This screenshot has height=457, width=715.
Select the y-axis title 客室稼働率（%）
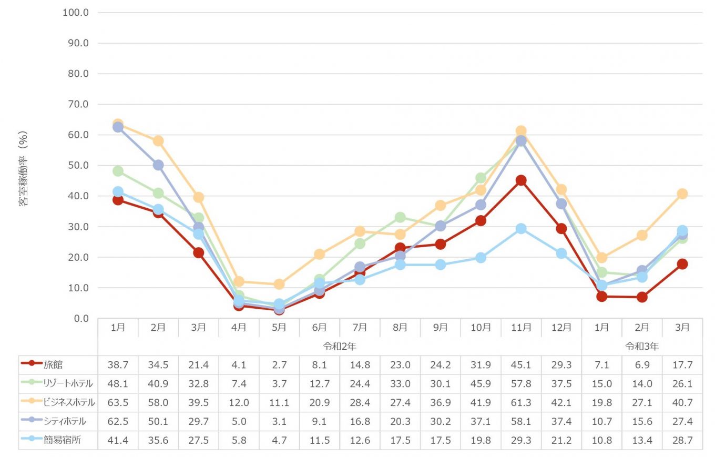[x=24, y=168]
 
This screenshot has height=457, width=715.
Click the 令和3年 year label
[x=641, y=346]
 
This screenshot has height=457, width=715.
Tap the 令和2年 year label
[x=340, y=346]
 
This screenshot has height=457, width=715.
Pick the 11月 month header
[x=521, y=327]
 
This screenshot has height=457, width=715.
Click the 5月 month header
[x=279, y=327]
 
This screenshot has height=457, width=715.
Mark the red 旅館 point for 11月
[x=521, y=180]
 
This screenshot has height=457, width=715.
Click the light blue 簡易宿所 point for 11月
[x=521, y=229]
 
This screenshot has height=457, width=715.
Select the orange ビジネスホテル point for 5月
[x=279, y=284]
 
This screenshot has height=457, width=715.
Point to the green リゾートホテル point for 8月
[x=400, y=217]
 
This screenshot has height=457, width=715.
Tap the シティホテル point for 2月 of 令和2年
[x=158, y=165]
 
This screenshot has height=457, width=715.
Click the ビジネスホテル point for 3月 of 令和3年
[x=682, y=194]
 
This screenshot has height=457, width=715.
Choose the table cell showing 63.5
[x=118, y=402]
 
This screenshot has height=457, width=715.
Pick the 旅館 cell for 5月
[x=279, y=364]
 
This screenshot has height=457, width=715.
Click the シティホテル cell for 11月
[x=521, y=421]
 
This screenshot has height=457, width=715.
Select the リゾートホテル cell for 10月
[x=481, y=383]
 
